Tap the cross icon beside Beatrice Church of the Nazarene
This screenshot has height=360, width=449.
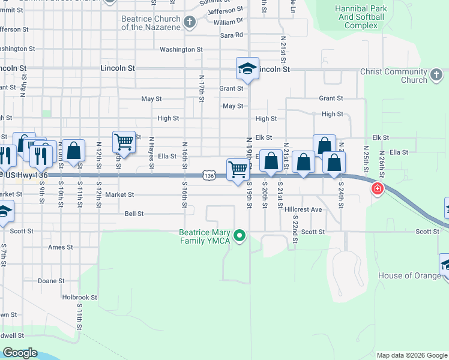pyautogui.click(x=190, y=23)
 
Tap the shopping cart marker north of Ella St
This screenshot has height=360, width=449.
pyautogui.click(x=124, y=142)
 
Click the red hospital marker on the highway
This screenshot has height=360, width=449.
pyautogui.click(x=377, y=190)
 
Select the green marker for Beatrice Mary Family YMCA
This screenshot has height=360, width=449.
pyautogui.click(x=240, y=235)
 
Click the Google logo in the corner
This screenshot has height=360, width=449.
pyautogui.click(x=19, y=353)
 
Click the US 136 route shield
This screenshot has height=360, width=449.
pyautogui.click(x=208, y=175)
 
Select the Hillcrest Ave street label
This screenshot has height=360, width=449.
pyautogui.click(x=303, y=209)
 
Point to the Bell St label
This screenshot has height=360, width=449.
pyautogui.click(x=134, y=213)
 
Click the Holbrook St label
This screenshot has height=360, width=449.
pyautogui.click(x=79, y=297)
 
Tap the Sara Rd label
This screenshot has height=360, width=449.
pyautogui.click(x=231, y=35)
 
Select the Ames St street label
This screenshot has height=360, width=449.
pyautogui.click(x=60, y=247)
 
